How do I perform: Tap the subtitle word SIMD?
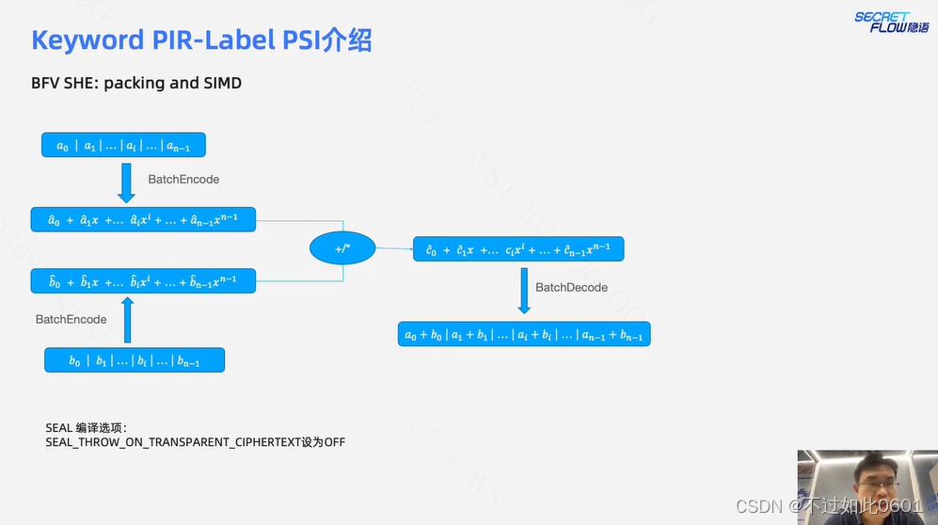(222, 83)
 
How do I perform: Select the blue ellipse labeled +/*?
(342, 248)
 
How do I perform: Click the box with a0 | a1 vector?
(123, 145)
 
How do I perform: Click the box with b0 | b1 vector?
(135, 360)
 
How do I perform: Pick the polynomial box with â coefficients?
(143, 219)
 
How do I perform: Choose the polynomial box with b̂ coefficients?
(143, 280)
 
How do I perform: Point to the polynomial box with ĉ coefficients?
(518, 249)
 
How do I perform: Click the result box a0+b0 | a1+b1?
(524, 334)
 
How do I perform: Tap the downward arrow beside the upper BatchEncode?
(127, 182)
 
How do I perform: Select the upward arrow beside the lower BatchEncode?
(127, 320)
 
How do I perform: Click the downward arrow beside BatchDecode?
(524, 292)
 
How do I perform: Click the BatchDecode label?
(572, 287)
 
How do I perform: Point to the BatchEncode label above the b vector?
(72, 319)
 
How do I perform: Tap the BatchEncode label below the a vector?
(183, 179)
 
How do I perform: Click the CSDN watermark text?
(760, 506)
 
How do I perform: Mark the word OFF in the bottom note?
(334, 441)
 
